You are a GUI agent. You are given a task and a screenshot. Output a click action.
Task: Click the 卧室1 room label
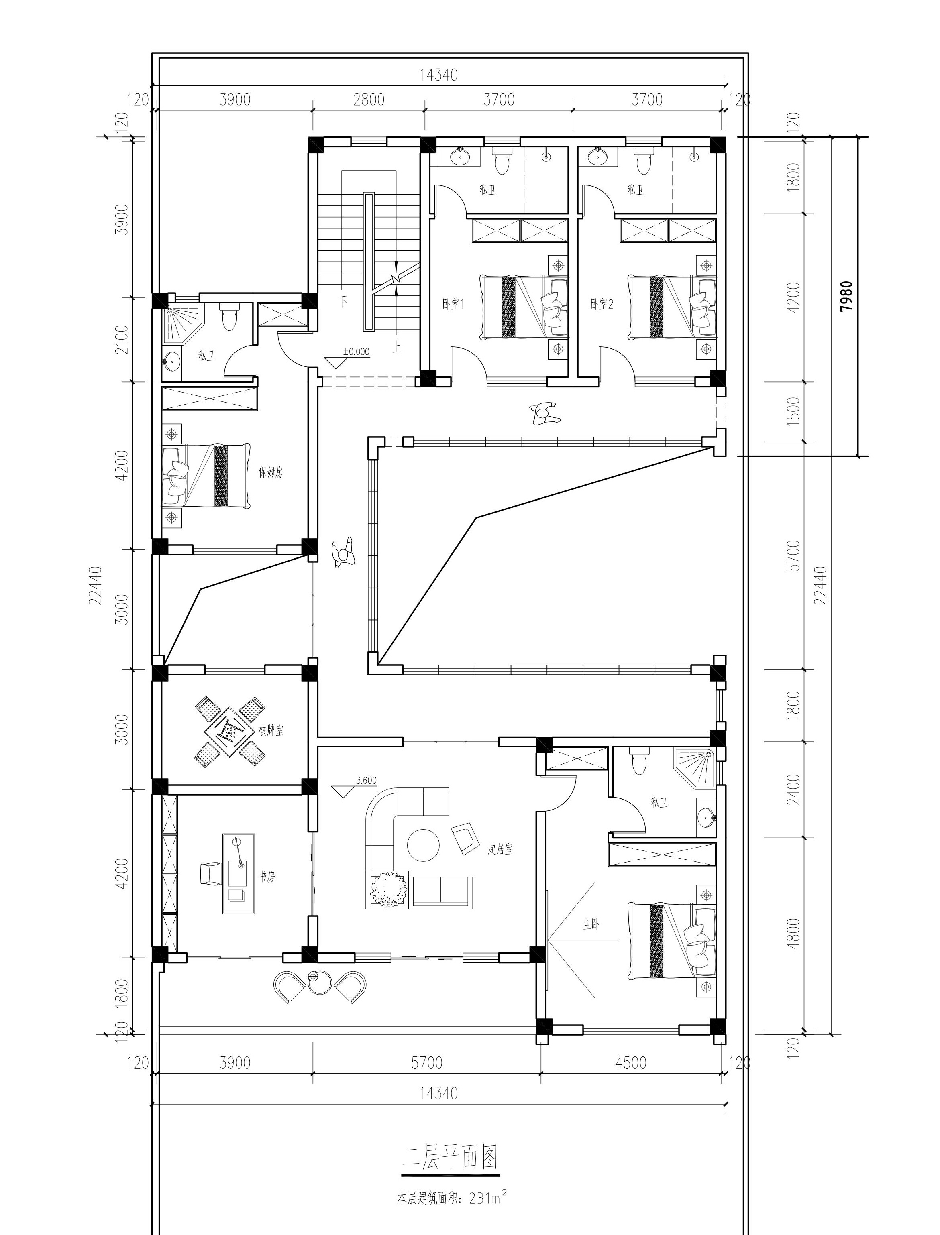click(x=453, y=305)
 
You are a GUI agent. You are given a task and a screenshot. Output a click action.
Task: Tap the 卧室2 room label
click(x=602, y=305)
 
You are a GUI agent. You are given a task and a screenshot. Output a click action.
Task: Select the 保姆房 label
click(x=271, y=473)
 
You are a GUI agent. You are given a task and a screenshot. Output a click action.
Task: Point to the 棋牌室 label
click(x=271, y=730)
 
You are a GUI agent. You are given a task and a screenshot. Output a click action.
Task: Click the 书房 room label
click(x=267, y=877)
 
